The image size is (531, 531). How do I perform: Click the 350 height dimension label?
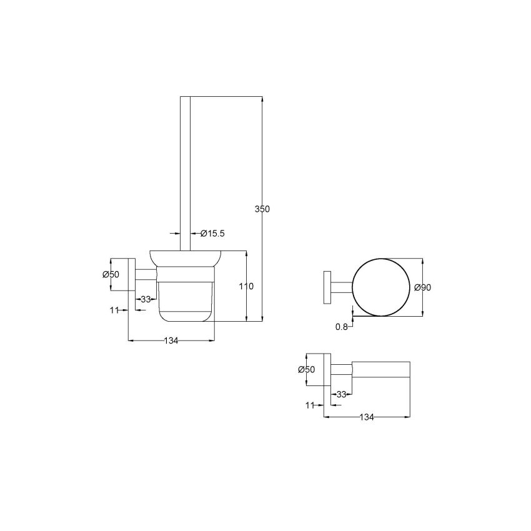[262, 209]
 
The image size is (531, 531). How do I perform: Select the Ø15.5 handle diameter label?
[212, 234]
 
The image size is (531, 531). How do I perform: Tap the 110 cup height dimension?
[246, 287]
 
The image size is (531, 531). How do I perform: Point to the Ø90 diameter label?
[423, 287]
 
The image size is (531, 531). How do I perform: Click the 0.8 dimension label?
[342, 327]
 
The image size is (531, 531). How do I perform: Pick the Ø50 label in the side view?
[111, 274]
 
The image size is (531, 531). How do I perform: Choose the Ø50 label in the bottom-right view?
[306, 369]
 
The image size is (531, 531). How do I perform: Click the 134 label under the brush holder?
[171, 340]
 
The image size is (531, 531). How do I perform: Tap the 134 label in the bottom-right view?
[367, 417]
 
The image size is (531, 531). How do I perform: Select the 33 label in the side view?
[146, 299]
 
